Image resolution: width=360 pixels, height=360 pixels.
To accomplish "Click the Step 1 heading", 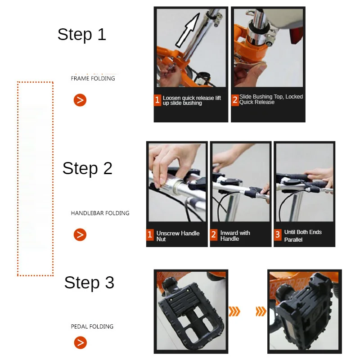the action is click(x=82, y=35).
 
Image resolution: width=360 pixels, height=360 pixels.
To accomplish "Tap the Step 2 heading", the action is click(x=87, y=168).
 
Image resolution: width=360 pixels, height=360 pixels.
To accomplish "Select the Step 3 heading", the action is click(x=89, y=283).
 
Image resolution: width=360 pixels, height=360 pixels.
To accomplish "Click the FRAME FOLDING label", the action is click(x=93, y=78).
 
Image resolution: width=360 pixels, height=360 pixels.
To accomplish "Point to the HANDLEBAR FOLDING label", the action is click(x=100, y=213).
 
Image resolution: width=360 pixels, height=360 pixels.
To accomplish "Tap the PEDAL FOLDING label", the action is click(x=92, y=327).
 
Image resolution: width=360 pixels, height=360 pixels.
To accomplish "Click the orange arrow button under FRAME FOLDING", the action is click(x=80, y=100).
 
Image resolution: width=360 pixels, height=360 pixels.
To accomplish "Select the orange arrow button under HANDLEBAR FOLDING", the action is click(x=80, y=234).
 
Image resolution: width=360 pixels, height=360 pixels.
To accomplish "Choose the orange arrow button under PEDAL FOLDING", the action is click(x=81, y=342).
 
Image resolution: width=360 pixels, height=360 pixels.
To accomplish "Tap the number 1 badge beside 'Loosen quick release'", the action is click(x=157, y=100).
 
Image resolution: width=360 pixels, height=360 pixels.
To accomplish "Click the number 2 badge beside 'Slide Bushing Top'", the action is click(x=235, y=100).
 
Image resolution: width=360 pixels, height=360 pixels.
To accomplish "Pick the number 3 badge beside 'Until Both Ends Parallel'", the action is click(x=278, y=234).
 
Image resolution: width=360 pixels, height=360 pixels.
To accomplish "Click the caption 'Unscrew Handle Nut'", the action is click(x=178, y=236).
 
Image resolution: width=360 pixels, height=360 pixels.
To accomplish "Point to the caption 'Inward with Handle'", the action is click(x=235, y=235).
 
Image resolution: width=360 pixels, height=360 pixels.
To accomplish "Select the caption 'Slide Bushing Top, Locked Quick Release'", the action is click(x=271, y=99).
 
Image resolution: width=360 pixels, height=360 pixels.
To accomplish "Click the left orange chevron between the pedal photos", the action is click(x=234, y=311).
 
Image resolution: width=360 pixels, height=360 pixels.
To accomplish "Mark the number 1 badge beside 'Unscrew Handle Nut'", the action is click(x=150, y=234).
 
